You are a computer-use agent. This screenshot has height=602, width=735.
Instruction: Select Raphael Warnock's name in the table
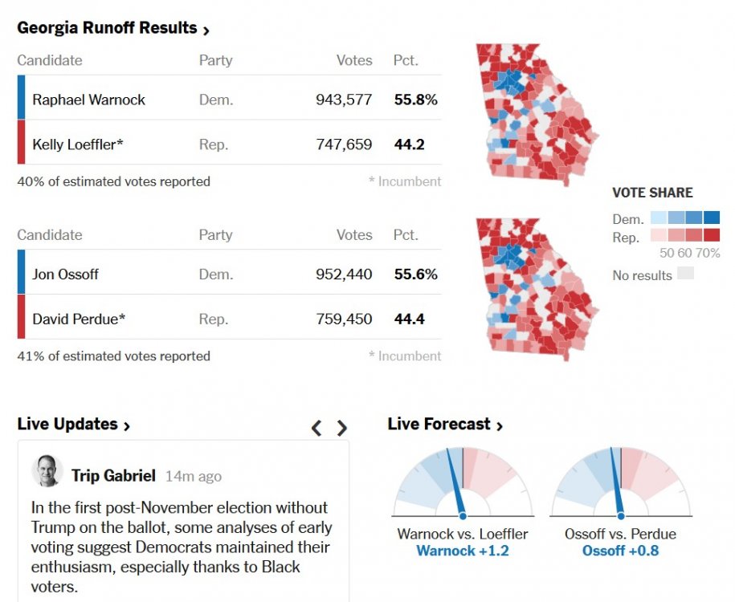click(88, 100)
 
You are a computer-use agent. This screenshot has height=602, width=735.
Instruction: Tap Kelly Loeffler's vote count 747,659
click(343, 144)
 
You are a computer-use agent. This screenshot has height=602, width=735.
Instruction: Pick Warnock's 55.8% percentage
click(415, 100)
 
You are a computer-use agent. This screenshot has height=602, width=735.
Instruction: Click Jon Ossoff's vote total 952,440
click(343, 275)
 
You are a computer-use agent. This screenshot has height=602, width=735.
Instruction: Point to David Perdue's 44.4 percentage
click(409, 319)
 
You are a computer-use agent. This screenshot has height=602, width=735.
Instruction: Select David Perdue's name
click(79, 319)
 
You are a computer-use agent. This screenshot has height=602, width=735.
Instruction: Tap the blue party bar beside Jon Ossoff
click(21, 273)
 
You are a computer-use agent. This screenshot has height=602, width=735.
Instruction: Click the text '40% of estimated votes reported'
click(113, 181)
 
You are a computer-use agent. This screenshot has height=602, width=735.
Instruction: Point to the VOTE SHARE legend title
click(652, 193)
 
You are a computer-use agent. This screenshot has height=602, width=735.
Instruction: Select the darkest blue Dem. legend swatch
click(713, 218)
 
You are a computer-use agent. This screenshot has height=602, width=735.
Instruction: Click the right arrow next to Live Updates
click(342, 428)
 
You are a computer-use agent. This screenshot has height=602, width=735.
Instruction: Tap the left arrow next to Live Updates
click(316, 428)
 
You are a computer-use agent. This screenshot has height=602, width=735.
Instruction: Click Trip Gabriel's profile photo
click(47, 471)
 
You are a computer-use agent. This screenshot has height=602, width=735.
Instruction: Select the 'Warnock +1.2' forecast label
click(462, 551)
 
